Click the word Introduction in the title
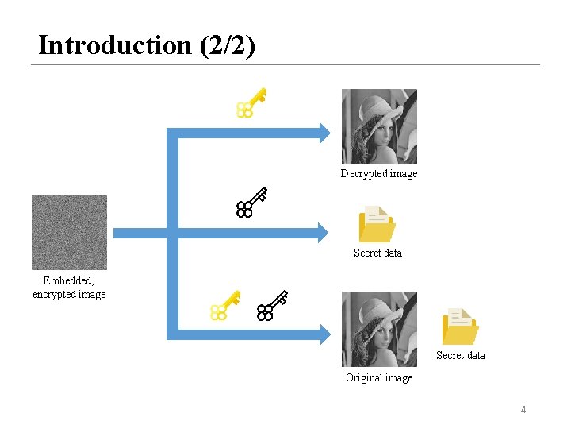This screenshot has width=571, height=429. pyautogui.click(x=114, y=45)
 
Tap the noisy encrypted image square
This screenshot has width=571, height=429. pyautogui.click(x=69, y=233)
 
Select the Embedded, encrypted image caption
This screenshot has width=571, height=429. pyautogui.click(x=69, y=288)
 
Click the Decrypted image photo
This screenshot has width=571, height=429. pyautogui.click(x=378, y=126)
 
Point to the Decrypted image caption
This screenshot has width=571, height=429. pyautogui.click(x=378, y=173)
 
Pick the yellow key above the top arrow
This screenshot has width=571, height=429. pyautogui.click(x=251, y=103)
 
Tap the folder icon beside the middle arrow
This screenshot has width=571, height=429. pyautogui.click(x=376, y=223)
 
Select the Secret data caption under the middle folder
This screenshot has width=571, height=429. pyautogui.click(x=377, y=253)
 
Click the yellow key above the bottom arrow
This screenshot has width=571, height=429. pyautogui.click(x=224, y=305)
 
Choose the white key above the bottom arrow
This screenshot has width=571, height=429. pyautogui.click(x=271, y=305)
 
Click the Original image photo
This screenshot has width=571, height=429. pyautogui.click(x=378, y=329)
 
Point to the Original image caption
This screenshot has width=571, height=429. pyautogui.click(x=378, y=377)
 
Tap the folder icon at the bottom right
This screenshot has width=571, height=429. pyautogui.click(x=460, y=326)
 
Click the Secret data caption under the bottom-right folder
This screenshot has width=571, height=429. pyautogui.click(x=460, y=355)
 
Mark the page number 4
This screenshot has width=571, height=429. pyautogui.click(x=523, y=409)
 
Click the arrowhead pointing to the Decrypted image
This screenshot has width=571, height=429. pyautogui.click(x=321, y=132)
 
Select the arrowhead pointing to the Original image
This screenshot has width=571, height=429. pyautogui.click(x=321, y=335)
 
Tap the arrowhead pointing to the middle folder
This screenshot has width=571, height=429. pyautogui.click(x=321, y=233)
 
